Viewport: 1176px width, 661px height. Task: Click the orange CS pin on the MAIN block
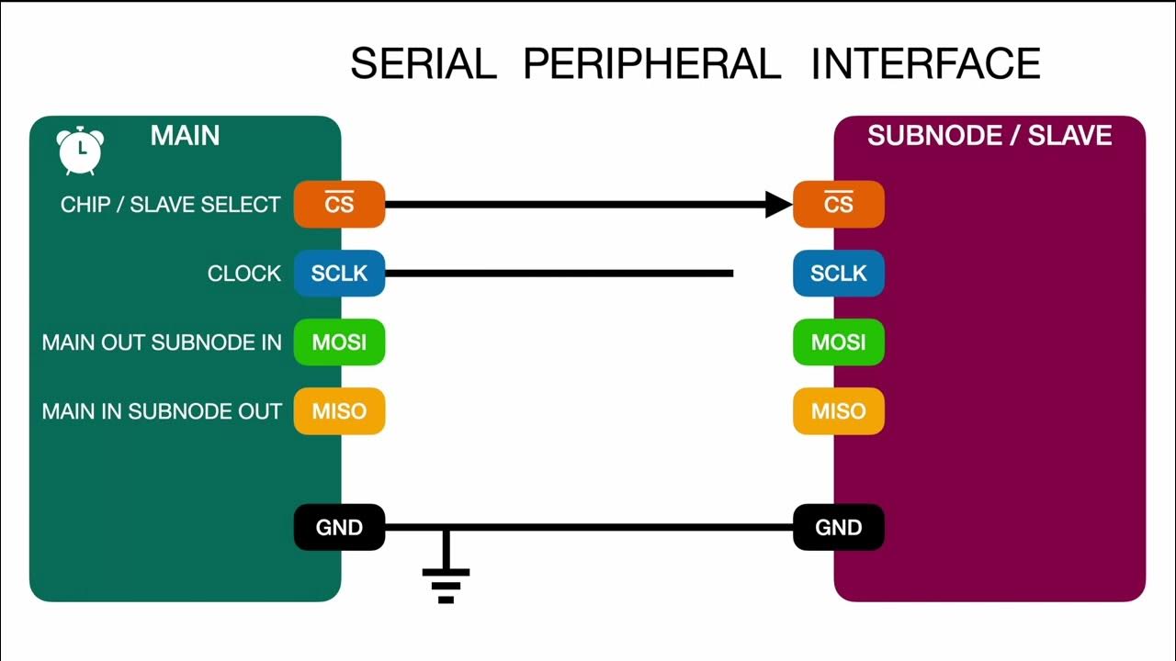click(x=339, y=204)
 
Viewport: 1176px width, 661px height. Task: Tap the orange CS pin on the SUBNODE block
click(x=838, y=204)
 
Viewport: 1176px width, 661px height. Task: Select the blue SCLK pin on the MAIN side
click(x=339, y=274)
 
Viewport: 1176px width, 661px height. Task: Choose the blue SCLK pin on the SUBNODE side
click(x=838, y=274)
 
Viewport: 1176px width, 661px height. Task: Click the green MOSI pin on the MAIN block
click(x=339, y=342)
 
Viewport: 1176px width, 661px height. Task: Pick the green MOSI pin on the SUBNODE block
click(x=838, y=342)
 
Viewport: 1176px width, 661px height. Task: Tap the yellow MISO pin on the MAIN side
click(x=339, y=411)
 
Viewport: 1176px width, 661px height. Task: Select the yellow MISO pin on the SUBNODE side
click(x=838, y=411)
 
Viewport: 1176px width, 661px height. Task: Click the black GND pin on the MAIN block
click(x=339, y=528)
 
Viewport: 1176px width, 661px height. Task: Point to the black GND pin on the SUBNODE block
click(x=838, y=528)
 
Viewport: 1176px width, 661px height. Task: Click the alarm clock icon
click(x=80, y=150)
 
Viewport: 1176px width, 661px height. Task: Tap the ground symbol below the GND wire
click(x=446, y=578)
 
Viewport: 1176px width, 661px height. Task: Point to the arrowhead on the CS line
click(x=777, y=204)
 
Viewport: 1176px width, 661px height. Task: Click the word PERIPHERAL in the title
click(x=651, y=63)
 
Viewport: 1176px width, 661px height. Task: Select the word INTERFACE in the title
click(x=925, y=63)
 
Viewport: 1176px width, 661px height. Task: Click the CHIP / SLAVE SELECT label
click(x=170, y=205)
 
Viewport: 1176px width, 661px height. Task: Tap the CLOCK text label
click(x=244, y=274)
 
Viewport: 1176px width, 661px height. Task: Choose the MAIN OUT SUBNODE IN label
click(x=162, y=342)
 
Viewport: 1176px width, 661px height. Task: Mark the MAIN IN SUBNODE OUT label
click(x=162, y=411)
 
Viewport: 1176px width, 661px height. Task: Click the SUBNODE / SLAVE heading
click(x=989, y=136)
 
